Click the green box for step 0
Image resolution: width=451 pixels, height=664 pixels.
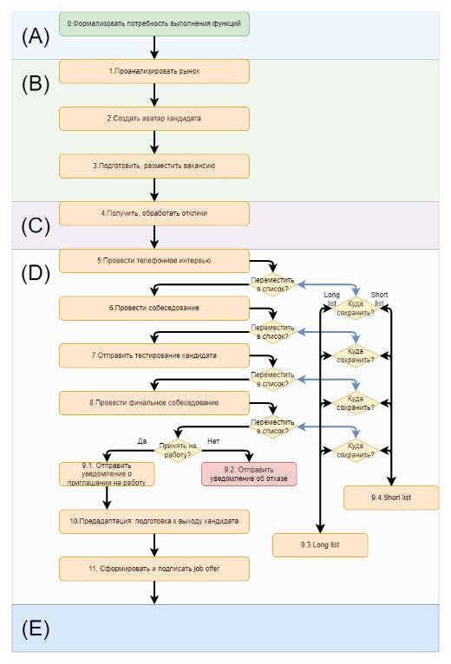click(154, 24)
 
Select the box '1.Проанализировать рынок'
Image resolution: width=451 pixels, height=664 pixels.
click(154, 72)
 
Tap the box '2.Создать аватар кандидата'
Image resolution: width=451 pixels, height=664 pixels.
click(154, 119)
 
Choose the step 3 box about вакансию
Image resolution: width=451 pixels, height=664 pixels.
click(154, 166)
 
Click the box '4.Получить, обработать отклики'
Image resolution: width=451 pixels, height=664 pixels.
click(154, 214)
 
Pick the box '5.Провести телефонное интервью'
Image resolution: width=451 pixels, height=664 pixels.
click(154, 261)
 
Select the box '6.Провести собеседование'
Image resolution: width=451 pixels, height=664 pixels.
click(154, 309)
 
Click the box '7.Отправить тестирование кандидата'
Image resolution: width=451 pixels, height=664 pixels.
click(154, 355)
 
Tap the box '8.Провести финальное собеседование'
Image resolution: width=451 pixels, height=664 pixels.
click(154, 403)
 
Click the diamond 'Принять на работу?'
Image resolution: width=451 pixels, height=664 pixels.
click(178, 451)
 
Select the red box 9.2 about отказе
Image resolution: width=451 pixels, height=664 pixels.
click(249, 474)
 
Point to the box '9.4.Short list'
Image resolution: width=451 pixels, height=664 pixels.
click(391, 498)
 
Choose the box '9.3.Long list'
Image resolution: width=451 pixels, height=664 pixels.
click(320, 545)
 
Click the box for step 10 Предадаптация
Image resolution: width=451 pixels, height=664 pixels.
click(154, 522)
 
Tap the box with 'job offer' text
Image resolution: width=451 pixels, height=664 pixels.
click(154, 570)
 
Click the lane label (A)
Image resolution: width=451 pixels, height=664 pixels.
click(36, 36)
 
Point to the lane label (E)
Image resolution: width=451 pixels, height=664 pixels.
click(36, 628)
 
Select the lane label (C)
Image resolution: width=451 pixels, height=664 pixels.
click(36, 225)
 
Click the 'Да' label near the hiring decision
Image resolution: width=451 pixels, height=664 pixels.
click(142, 441)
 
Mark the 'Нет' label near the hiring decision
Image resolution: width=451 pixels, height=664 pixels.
click(213, 441)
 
